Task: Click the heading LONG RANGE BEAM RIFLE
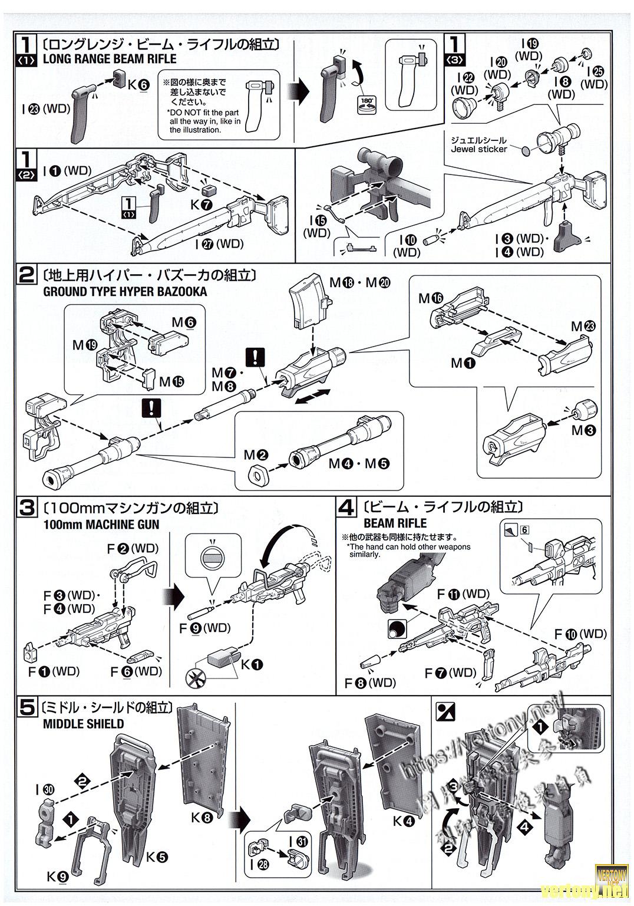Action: (x=110, y=59)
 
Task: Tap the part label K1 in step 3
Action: (x=256, y=664)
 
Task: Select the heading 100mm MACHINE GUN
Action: (x=101, y=525)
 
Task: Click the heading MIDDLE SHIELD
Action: (x=84, y=724)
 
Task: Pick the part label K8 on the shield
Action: (x=202, y=818)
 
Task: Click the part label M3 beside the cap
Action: (x=583, y=431)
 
